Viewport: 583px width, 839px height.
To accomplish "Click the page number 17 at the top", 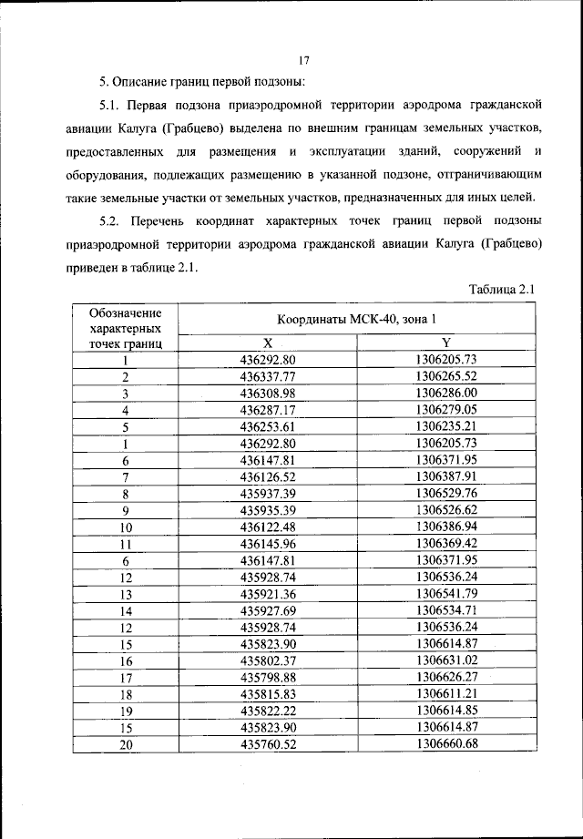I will click(x=304, y=61).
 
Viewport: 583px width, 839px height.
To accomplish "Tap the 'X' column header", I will click(x=268, y=343).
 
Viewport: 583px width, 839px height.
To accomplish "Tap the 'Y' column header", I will click(x=445, y=343).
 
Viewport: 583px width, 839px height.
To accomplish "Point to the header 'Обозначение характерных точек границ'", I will click(x=127, y=329).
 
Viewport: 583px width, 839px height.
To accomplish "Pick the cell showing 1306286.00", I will click(x=445, y=393).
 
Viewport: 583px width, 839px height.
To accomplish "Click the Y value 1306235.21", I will click(x=445, y=426).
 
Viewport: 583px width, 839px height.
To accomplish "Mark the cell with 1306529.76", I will click(x=445, y=493).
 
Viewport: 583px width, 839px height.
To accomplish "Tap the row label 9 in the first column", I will click(x=127, y=510).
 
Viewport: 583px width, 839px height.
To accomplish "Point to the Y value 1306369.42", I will click(x=445, y=543).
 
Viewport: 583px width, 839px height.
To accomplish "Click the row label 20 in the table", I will click(x=127, y=744).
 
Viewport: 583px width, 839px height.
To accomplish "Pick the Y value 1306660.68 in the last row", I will click(x=445, y=743).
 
